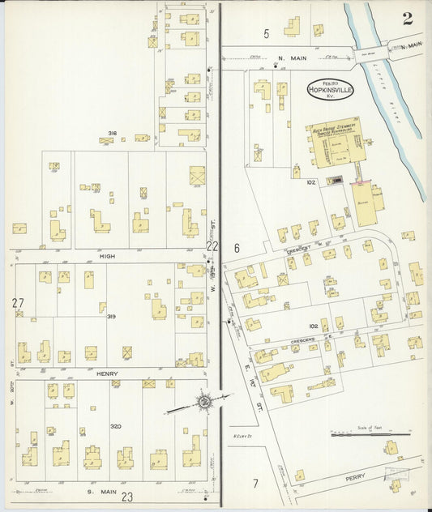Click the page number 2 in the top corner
(407, 19)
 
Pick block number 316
(113, 134)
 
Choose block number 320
(116, 426)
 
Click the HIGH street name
(107, 256)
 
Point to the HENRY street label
(108, 373)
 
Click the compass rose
(205, 402)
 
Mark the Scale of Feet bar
(369, 433)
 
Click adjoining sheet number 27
(18, 303)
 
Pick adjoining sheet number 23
(127, 497)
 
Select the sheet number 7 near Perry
(254, 484)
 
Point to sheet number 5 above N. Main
(266, 33)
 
